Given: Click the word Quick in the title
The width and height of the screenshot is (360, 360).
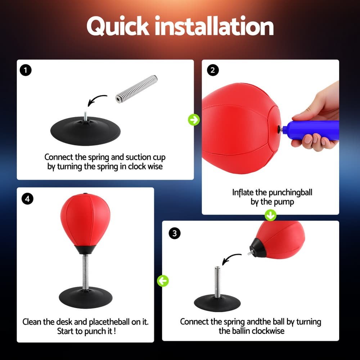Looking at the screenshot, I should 117,26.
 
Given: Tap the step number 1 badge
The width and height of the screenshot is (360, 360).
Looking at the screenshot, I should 26,70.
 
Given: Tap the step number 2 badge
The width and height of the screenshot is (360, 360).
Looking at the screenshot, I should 212,70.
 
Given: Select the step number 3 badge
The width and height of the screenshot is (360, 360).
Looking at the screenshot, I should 175,233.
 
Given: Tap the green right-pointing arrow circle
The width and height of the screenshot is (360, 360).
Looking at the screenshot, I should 194,120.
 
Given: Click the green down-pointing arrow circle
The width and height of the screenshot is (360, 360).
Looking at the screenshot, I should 270,216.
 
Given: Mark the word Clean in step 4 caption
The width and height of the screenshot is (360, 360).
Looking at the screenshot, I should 34,321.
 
